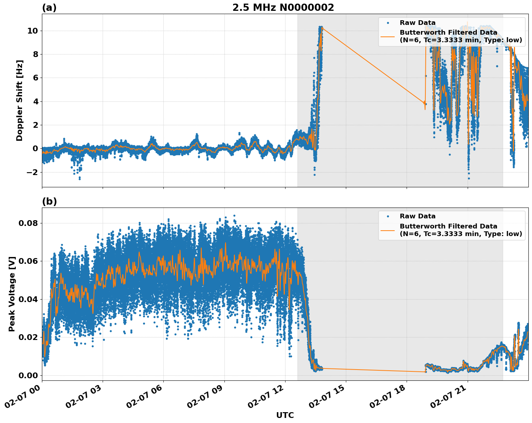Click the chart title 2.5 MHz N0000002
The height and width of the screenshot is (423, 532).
283,8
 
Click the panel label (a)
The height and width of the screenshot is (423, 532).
49,8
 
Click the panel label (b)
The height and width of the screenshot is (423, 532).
49,201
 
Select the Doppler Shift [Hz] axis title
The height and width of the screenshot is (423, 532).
20,100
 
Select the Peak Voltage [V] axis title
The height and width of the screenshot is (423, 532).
12,294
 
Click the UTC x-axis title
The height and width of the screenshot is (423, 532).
285,415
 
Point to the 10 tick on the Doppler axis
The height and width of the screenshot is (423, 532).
33,31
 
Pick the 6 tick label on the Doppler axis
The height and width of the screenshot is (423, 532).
35,78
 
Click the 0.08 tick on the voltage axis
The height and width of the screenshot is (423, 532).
28,223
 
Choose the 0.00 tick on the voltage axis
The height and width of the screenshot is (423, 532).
28,375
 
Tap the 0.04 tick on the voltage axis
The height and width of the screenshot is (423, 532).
28,299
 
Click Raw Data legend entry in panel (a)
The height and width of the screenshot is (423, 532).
417,23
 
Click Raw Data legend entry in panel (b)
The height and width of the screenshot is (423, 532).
417,216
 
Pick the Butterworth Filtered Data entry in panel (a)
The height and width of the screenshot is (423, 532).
460,36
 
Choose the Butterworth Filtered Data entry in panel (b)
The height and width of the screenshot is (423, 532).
460,230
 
